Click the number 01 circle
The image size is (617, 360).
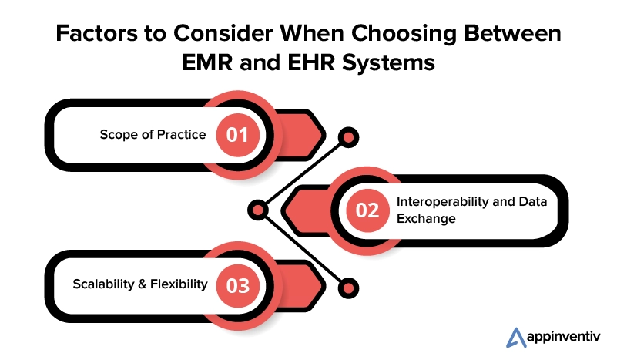[x=237, y=135]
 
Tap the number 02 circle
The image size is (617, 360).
[x=367, y=210]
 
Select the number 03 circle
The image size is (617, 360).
[x=237, y=285]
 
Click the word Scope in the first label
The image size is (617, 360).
[x=117, y=135]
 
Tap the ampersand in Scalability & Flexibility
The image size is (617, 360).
[x=144, y=284]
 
